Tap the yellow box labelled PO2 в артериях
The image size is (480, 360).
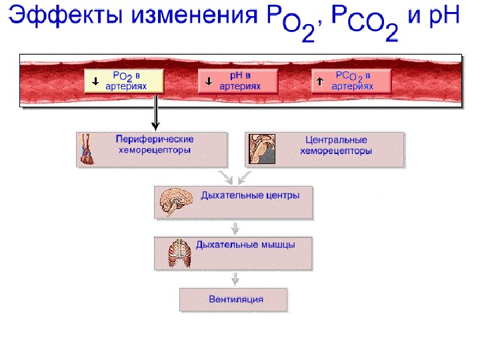124,81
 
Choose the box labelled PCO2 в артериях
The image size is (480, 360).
351,81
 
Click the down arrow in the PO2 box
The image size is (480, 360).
95,81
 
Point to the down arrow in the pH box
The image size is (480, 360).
209,81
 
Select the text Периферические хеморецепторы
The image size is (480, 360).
154,145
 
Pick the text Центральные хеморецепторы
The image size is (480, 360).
335,145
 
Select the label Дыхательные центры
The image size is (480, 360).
250,196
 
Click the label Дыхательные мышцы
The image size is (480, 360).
245,245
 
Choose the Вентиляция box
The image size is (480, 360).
233,299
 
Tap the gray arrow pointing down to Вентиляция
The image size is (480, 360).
233,279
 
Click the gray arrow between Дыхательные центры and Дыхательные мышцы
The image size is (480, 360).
233,227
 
